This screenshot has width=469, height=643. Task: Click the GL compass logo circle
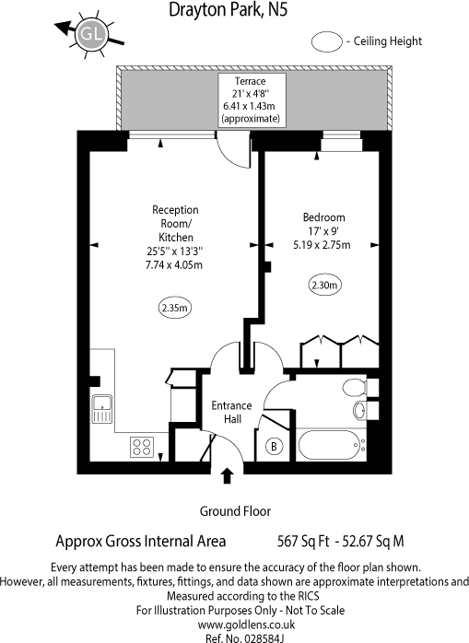(x=90, y=34)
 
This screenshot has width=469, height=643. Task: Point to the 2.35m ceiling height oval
(x=171, y=308)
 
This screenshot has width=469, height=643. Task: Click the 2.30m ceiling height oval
(x=325, y=286)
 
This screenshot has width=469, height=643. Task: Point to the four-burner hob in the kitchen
(x=142, y=446)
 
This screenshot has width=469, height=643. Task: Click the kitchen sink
(x=101, y=406)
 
